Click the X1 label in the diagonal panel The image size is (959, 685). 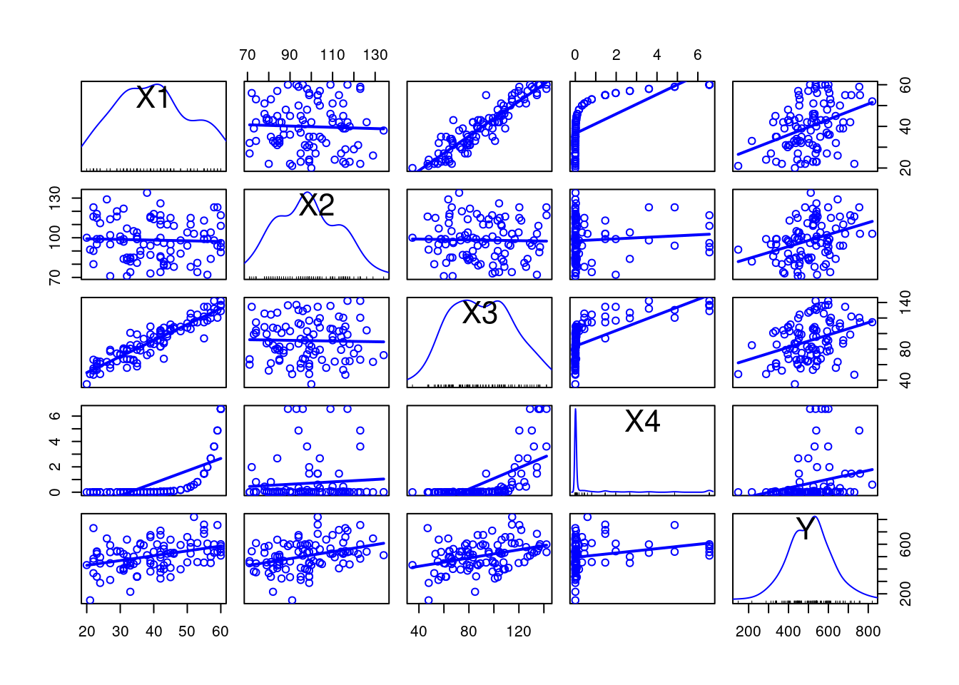[153, 98]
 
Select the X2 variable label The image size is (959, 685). [316, 205]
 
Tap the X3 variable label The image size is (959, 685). [479, 313]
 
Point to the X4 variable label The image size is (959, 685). [642, 422]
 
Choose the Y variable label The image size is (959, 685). [806, 529]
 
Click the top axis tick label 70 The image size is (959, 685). [248, 55]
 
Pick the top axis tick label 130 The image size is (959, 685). [375, 55]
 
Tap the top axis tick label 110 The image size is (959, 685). [333, 55]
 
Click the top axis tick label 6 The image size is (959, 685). [698, 55]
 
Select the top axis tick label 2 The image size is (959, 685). [616, 55]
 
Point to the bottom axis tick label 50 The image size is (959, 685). [187, 631]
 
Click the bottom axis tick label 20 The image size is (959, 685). [87, 631]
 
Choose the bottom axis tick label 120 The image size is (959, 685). [519, 631]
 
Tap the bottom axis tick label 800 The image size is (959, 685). [868, 631]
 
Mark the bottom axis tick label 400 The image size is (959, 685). [788, 631]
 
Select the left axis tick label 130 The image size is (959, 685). [55, 196]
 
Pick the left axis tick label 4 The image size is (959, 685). [55, 441]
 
